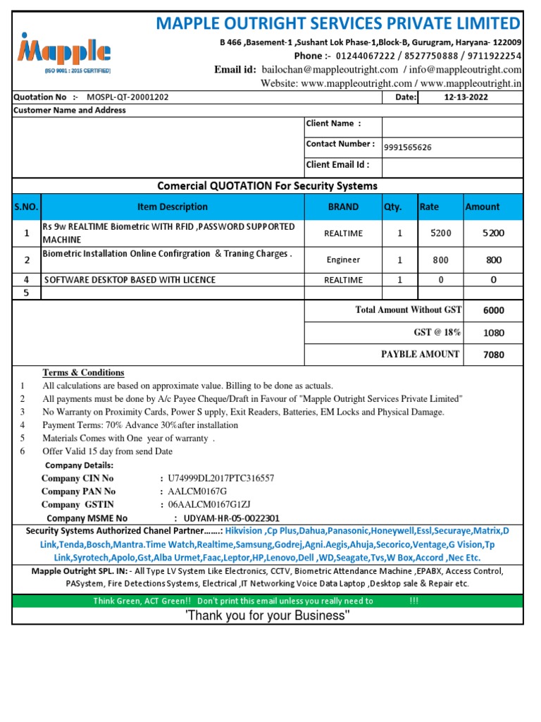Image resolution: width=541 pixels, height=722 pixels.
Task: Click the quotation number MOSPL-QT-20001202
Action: (x=128, y=97)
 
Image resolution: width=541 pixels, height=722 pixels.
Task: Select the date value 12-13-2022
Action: (x=466, y=97)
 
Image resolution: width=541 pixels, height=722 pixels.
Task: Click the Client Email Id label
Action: (x=337, y=165)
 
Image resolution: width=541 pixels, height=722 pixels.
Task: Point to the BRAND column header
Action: (x=343, y=207)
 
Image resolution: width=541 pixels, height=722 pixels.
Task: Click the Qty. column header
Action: (x=392, y=207)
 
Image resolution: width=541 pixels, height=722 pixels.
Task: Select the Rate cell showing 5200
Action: (x=441, y=233)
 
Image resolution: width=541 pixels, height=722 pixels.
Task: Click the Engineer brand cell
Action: (x=343, y=260)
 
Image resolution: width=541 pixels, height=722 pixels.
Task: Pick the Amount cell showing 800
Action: (x=493, y=260)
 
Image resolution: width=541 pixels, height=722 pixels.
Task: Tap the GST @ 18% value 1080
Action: (x=493, y=333)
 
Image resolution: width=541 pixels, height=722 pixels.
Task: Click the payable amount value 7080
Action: (x=493, y=355)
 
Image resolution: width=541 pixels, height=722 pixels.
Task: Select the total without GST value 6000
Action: (x=493, y=310)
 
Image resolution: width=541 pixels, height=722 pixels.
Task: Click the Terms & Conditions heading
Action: (x=83, y=372)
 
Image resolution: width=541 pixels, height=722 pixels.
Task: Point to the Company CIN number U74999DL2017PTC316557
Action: (x=220, y=478)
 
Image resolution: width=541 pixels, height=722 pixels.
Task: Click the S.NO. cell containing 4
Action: (x=27, y=280)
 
